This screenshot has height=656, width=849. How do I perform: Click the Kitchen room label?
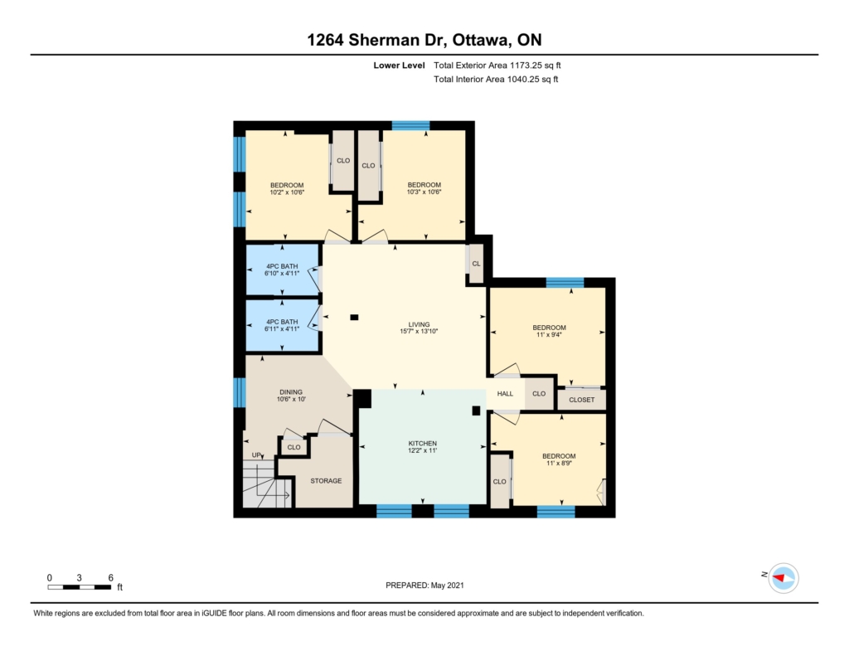422,443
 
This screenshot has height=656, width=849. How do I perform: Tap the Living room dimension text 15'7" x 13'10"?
419,331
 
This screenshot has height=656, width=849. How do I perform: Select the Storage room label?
326,480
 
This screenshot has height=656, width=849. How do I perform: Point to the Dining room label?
291,391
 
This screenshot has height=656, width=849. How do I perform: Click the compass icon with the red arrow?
784,578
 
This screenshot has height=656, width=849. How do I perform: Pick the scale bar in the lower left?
79,587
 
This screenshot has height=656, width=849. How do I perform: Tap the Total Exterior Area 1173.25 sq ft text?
497,65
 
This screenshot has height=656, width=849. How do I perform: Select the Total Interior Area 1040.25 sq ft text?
496,79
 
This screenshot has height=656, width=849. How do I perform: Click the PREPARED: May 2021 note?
424,585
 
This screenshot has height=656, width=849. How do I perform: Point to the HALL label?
505,393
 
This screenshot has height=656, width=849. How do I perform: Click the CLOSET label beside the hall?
581,400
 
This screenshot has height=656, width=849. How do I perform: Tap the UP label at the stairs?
257,455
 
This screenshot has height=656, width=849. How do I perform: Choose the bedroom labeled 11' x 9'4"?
549,331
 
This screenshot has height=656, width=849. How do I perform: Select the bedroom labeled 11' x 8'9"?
559,459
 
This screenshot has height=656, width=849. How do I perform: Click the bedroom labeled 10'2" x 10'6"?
287,188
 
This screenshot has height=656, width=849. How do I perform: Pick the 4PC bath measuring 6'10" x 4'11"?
282,270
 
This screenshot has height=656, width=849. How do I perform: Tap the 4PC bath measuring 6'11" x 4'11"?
282,325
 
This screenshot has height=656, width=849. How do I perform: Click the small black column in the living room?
354,318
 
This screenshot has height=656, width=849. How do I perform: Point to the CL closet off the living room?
476,264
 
